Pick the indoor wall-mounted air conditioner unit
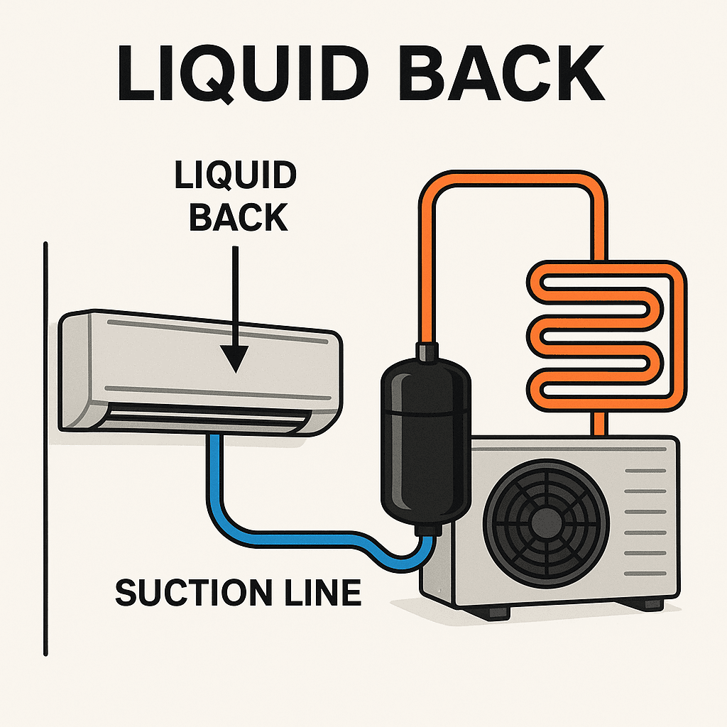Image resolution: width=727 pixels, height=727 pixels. point(199,369)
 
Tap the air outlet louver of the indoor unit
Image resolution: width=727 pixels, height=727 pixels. point(206,415)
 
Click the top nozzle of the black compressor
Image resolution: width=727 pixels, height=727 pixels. point(427,352)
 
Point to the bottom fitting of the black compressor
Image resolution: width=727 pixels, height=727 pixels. point(427,530)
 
